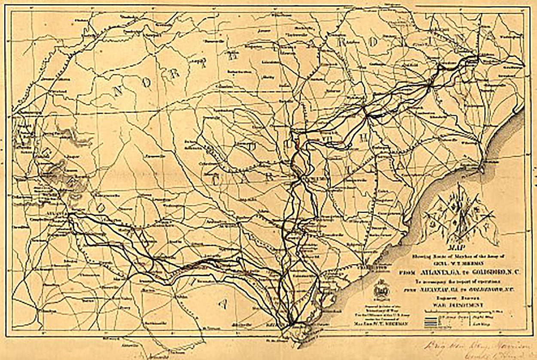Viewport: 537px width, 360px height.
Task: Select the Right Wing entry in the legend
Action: coord(485,316)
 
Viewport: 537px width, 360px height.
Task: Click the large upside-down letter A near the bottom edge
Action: coord(223,304)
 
